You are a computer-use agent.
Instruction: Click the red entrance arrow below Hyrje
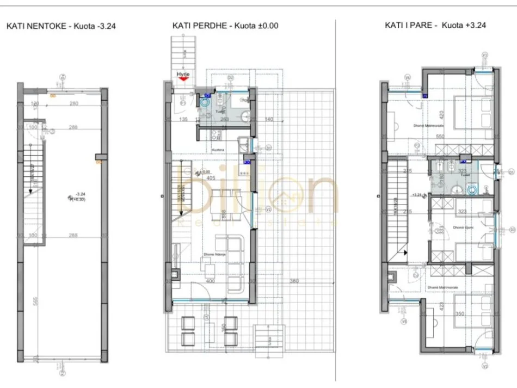point(183,78)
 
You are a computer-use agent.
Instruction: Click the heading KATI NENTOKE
point(36,25)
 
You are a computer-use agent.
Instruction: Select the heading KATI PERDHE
point(196,25)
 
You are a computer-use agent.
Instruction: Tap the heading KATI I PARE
point(408,25)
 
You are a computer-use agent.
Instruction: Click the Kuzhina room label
point(218,147)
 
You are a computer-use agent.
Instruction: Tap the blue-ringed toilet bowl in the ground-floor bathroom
point(206,101)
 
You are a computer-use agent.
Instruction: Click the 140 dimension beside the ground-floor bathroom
point(268,119)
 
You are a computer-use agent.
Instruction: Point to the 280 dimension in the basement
point(74,103)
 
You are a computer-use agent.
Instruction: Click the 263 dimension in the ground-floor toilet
point(225,119)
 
